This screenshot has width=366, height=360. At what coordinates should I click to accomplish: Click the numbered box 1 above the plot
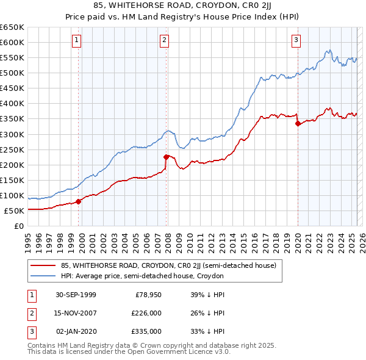[77, 41]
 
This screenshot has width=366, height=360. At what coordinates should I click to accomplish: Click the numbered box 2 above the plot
[165, 41]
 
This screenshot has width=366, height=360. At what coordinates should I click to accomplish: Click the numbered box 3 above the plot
[296, 41]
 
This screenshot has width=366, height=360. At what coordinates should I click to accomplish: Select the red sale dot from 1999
[79, 202]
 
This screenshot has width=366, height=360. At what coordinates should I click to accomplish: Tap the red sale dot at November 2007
[167, 157]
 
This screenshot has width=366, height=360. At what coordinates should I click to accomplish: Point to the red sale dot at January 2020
[298, 123]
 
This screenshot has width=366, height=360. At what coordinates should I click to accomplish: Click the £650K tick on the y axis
[12, 27]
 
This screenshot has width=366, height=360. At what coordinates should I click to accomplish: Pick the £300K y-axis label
[12, 134]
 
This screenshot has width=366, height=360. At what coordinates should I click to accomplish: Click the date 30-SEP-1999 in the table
[76, 295]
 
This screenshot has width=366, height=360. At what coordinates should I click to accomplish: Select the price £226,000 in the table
[147, 313]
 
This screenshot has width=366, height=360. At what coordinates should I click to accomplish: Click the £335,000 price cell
[147, 331]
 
